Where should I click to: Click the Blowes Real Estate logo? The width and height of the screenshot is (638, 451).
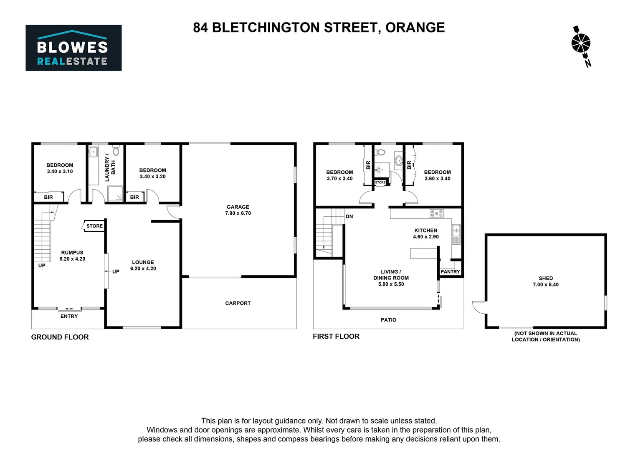pos(73,48)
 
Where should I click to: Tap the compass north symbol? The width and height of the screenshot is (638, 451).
pos(581,45)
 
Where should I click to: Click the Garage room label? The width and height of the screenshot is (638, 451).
pos(238,207)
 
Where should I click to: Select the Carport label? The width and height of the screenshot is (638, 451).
pos(238,303)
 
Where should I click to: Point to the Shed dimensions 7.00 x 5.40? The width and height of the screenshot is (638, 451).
pos(546,285)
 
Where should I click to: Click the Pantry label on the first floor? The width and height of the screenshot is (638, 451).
pos(450,272)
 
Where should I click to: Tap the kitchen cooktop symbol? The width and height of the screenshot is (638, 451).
pos(437,214)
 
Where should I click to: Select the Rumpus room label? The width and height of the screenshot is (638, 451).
pos(72,253)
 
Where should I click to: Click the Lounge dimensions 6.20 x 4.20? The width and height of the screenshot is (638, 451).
pos(143,269)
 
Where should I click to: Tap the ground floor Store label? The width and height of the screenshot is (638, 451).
pos(94,226)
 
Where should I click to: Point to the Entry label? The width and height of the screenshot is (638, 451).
pos(69,317)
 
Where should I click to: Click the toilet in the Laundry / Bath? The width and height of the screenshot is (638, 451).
pos(116,150)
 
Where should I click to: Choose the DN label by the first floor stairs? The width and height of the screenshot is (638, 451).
pos(349,217)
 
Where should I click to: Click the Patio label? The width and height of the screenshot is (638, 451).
pos(388,320)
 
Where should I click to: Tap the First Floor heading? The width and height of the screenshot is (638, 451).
pos(336,337)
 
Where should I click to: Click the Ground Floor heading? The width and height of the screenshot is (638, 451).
pos(60,337)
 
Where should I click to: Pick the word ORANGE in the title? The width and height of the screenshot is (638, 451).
pos(415,28)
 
